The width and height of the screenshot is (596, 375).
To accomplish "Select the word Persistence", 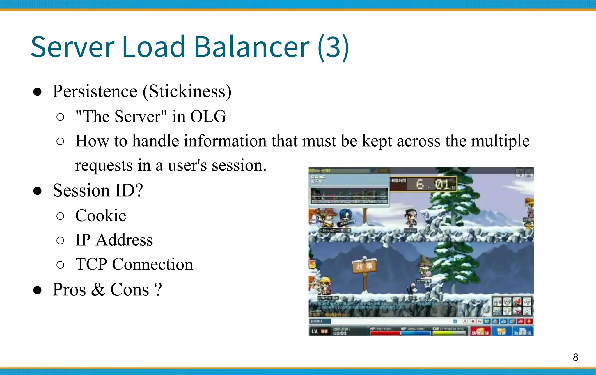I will (x=95, y=91).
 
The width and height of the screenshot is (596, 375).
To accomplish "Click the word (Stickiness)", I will (x=187, y=91).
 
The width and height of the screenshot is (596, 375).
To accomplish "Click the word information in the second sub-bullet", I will (x=225, y=141).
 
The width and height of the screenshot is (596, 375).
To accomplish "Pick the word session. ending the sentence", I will (x=239, y=165).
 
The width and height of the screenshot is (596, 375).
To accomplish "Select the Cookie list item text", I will (x=101, y=215).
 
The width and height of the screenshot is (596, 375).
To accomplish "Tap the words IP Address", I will (x=114, y=240).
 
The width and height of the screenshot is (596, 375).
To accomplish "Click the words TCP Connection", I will (x=134, y=264).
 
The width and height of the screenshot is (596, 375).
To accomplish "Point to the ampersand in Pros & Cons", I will (x=98, y=290).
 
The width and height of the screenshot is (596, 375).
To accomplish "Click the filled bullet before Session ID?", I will (x=37, y=191).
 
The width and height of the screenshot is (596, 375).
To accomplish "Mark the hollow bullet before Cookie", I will (x=60, y=216).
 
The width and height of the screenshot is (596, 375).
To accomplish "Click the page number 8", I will (x=575, y=357).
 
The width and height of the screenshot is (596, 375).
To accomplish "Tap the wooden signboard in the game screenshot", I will (x=364, y=266).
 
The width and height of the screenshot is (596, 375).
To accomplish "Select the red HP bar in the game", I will (x=385, y=333).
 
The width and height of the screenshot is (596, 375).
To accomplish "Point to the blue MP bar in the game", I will (x=416, y=333).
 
